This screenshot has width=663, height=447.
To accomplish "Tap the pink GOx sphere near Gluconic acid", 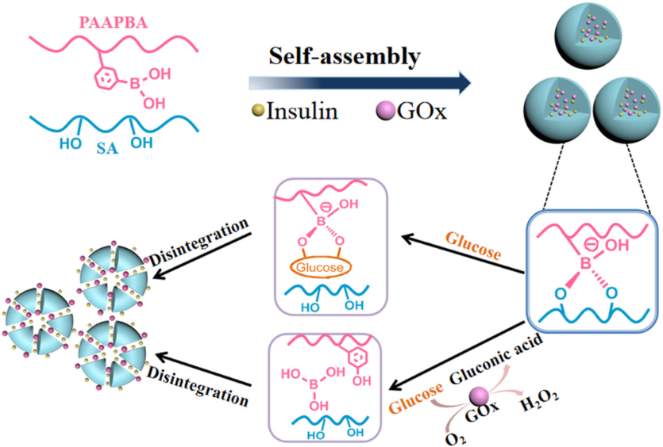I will tap(480, 394).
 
